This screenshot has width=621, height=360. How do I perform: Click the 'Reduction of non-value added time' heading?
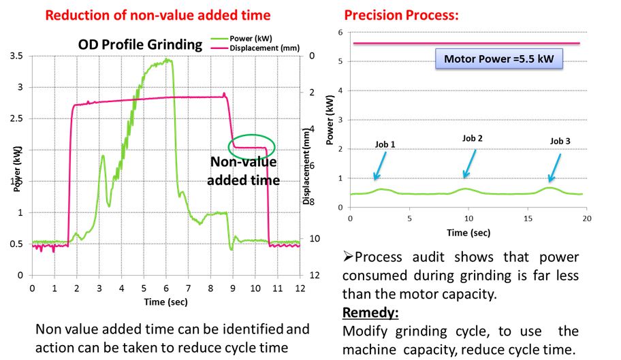(x=157, y=14)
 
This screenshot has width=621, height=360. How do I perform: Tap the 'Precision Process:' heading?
(x=390, y=14)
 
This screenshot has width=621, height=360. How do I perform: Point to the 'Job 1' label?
(x=385, y=144)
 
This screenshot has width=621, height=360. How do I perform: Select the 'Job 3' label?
(x=560, y=141)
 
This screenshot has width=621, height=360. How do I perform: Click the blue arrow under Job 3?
(x=555, y=164)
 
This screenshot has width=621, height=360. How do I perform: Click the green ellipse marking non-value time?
(x=252, y=145)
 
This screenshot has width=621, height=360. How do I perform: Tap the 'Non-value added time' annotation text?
(x=243, y=171)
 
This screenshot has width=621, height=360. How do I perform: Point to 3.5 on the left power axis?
(x=18, y=55)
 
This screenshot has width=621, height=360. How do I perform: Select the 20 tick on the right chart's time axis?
(x=586, y=218)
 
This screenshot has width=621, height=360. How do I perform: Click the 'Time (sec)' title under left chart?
(x=165, y=301)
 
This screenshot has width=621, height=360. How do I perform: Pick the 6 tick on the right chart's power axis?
(x=339, y=32)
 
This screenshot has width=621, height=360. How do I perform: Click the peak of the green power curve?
(x=167, y=60)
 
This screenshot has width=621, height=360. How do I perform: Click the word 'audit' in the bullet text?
(x=441, y=257)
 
